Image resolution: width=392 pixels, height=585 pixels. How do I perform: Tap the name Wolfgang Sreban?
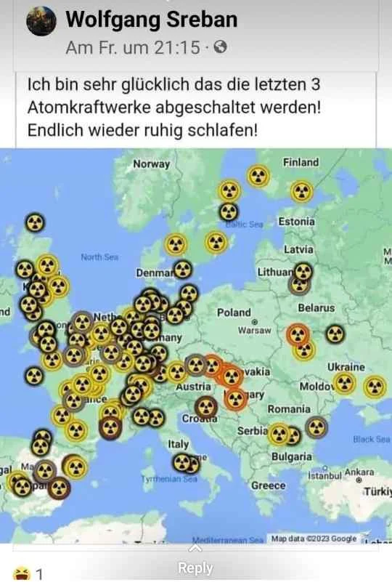(x=151, y=20)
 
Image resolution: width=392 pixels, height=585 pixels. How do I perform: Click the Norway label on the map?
(x=151, y=164)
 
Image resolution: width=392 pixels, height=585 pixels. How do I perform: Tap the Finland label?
(x=300, y=162)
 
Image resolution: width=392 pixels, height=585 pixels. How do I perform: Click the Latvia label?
(x=298, y=249)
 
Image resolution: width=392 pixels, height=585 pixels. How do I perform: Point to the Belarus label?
(x=316, y=308)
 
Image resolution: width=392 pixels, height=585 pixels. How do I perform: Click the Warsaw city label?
(x=254, y=331)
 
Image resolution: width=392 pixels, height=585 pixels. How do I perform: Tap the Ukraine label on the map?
(x=346, y=367)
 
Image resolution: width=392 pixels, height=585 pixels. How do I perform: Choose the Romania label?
(x=289, y=410)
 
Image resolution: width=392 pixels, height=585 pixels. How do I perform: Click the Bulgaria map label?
(x=292, y=456)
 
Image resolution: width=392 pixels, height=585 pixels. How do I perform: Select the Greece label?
(x=268, y=485)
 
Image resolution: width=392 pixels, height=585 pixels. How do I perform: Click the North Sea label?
(x=99, y=257)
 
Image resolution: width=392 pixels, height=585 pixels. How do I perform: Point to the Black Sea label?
(x=371, y=439)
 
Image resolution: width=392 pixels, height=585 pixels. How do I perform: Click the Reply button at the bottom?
(x=195, y=568)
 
